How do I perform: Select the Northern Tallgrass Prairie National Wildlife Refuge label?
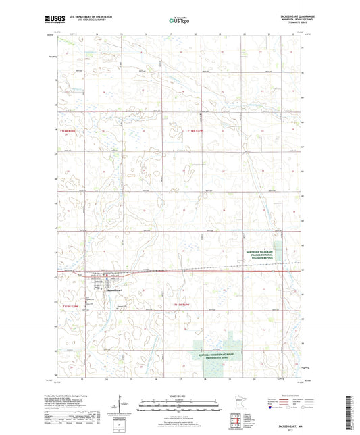point(262,254)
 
